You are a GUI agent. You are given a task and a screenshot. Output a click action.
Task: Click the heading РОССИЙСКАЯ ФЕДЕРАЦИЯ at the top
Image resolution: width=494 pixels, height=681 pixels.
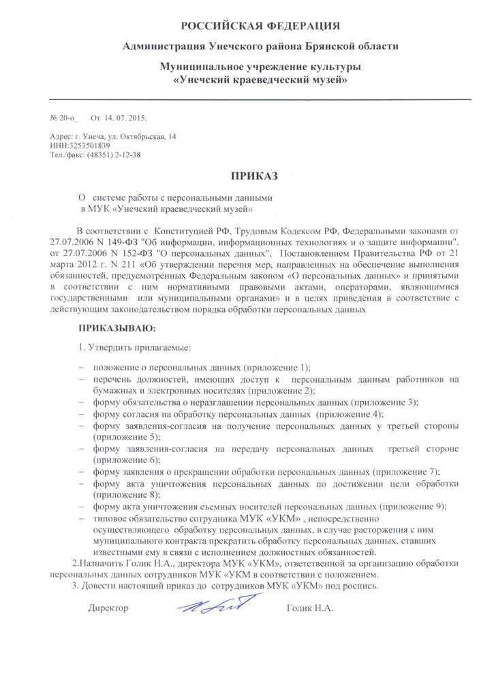(260, 26)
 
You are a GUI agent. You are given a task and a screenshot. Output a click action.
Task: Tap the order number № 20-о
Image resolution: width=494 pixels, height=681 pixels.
(60, 118)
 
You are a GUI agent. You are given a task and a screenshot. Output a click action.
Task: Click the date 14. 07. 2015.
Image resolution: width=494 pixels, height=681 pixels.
(123, 118)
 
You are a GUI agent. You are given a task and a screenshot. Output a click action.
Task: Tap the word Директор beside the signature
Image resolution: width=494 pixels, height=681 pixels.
(108, 607)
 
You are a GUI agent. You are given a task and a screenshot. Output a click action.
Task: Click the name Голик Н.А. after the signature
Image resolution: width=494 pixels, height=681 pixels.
(310, 607)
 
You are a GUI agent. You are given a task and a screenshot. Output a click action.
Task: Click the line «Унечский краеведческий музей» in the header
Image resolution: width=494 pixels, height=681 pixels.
(260, 80)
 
